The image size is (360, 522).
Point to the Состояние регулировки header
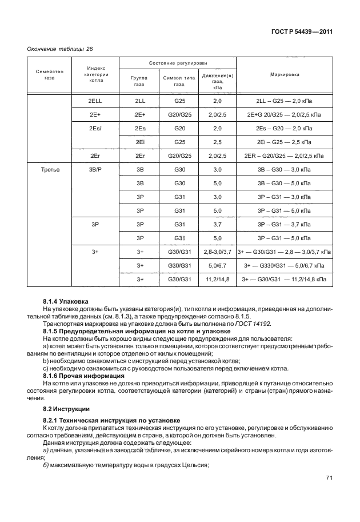tap(178, 62)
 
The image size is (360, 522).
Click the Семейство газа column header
tap(49, 74)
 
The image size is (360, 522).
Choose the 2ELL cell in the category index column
tap(96, 101)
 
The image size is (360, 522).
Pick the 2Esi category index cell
tap(96, 128)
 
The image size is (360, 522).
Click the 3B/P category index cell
tap(96, 170)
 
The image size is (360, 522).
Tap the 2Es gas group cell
tap(140, 128)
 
